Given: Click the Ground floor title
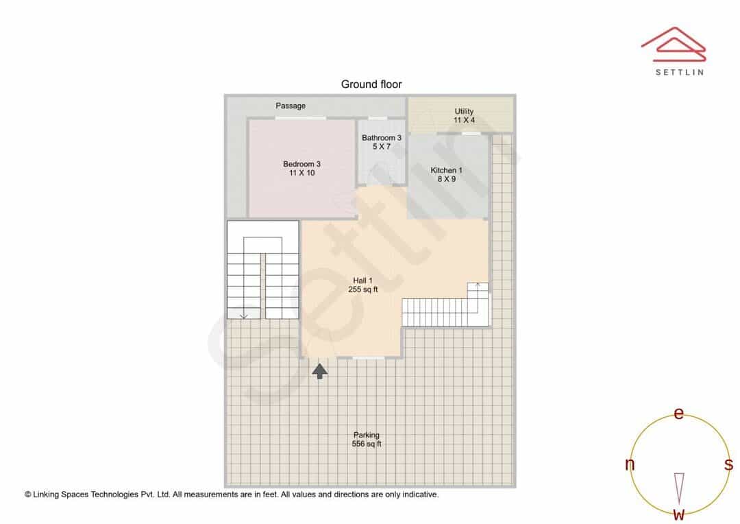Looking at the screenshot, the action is (371, 84).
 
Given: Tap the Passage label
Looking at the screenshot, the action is (291, 106).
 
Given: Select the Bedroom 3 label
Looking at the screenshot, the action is (301, 164).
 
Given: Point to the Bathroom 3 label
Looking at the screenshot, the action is (382, 137).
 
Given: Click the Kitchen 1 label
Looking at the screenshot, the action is (446, 170).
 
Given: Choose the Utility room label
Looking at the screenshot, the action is (464, 111).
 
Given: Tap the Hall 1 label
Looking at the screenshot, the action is (362, 281).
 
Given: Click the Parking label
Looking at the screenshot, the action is (366, 435).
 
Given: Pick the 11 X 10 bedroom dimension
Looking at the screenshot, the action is (302, 173).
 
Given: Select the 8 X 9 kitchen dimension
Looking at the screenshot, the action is (447, 179).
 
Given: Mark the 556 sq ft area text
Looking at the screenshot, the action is (367, 444).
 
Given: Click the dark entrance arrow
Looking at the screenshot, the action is (319, 371).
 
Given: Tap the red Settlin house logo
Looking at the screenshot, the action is (674, 45).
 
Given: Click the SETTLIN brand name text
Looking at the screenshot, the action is (680, 72).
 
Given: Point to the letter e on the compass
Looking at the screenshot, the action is (678, 413).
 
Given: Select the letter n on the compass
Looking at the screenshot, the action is (630, 464).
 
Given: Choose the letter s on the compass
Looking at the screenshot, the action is (728, 464).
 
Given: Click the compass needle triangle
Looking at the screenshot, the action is (679, 488).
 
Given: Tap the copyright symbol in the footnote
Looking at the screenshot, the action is (28, 495).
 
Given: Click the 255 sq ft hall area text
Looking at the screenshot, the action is (363, 289).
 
